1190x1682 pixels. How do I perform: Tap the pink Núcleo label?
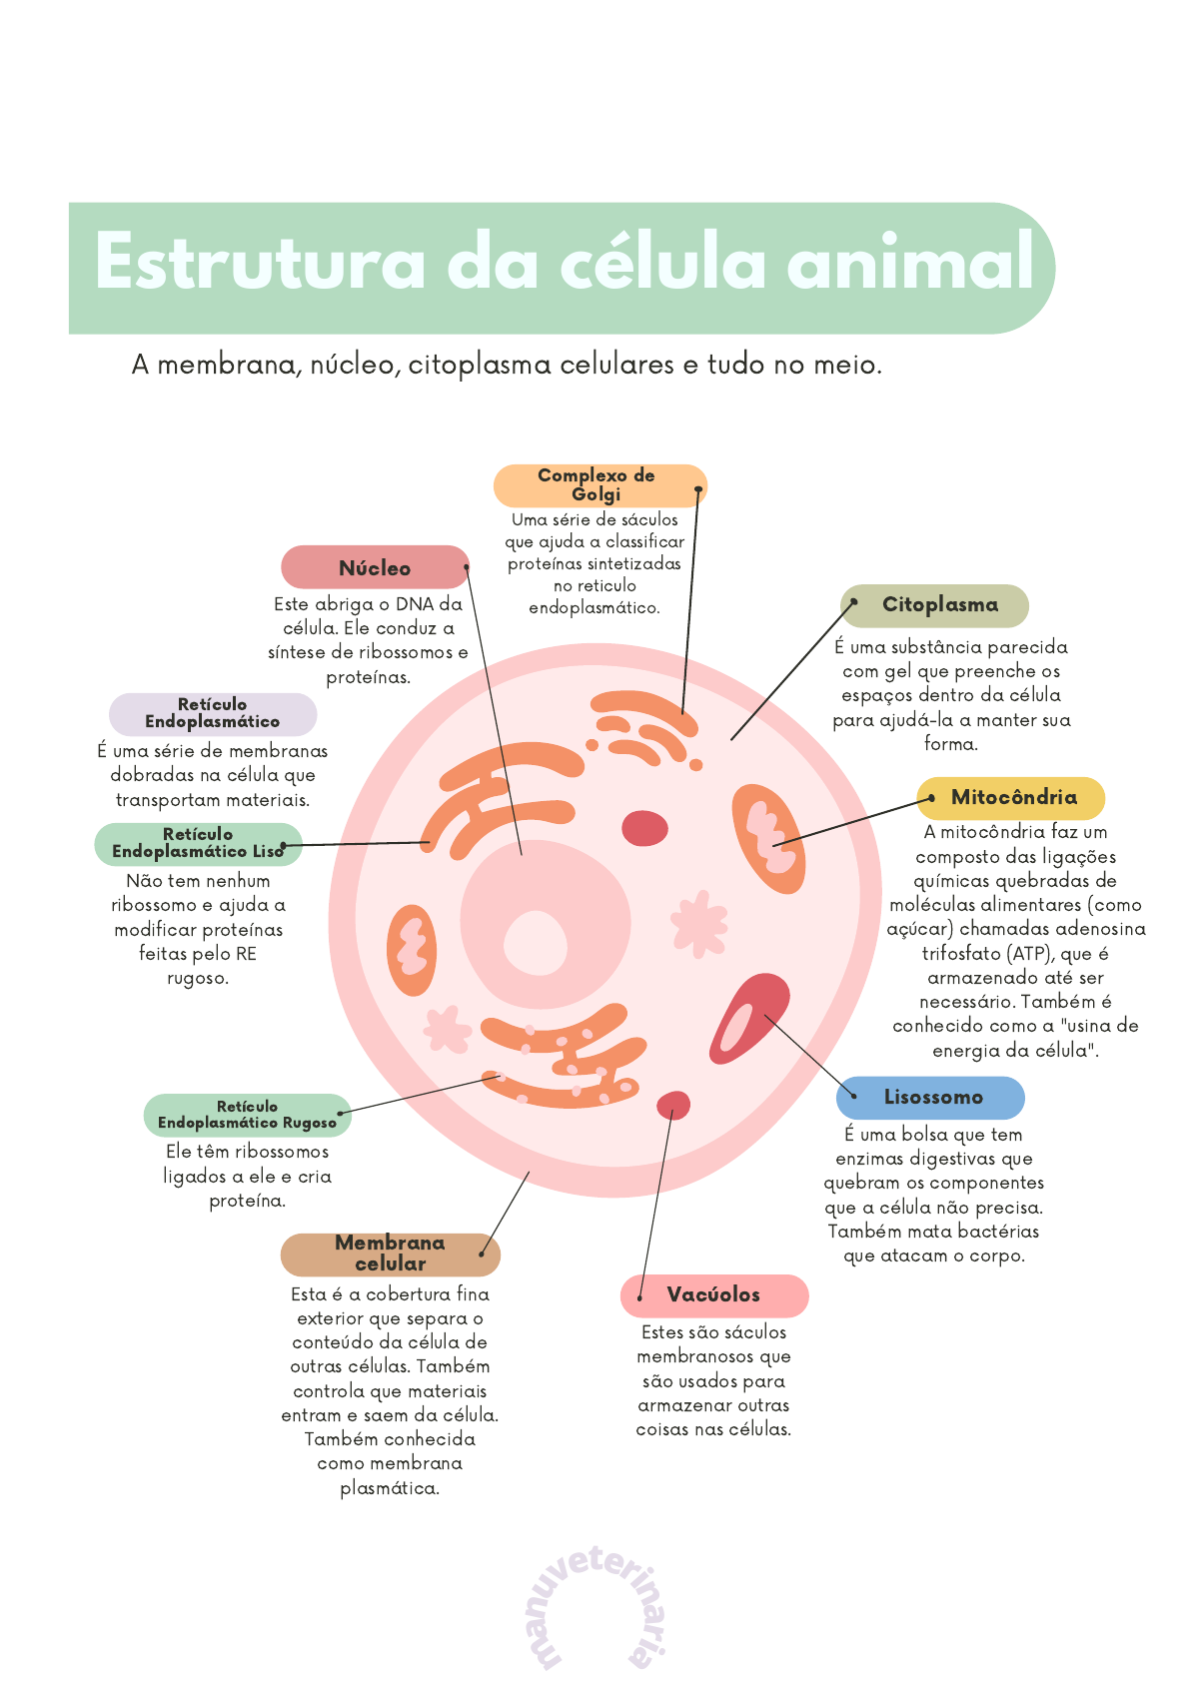pos(375,567)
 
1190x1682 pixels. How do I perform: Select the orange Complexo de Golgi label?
pos(597,485)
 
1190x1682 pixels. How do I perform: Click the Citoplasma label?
pos(938,605)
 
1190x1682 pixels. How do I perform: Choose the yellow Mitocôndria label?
pos(1012,798)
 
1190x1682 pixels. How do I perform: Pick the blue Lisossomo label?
pos(932,1097)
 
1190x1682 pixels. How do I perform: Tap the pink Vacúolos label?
pos(713,1295)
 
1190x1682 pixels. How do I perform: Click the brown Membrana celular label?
pos(390,1254)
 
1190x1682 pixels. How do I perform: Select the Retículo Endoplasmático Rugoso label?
pos(247,1115)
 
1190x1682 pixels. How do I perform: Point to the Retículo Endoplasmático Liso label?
pos(198,843)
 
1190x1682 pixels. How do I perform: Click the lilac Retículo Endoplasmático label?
pos(212,713)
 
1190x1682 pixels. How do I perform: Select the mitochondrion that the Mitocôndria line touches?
pos(767,837)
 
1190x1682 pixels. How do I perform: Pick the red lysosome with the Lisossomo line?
pos(749,1018)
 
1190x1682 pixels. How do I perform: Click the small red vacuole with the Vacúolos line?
pos(672,1105)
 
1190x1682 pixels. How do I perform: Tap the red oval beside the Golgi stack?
pos(644,828)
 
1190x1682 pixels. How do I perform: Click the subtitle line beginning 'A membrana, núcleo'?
pos(507,366)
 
